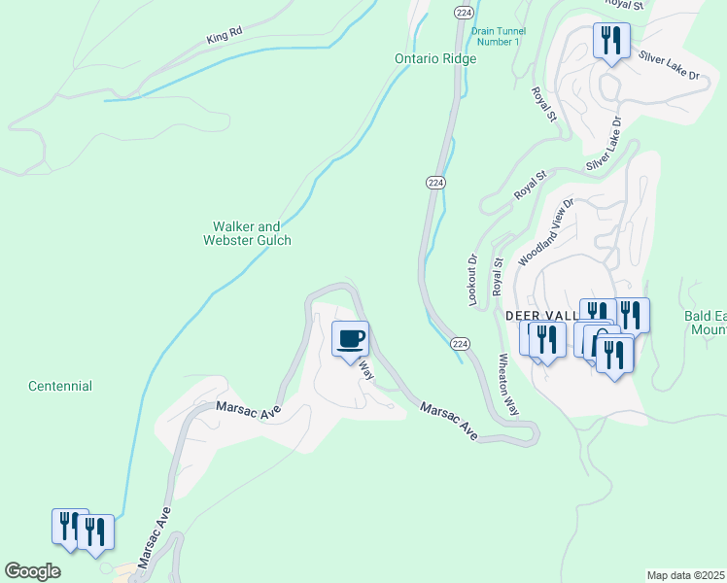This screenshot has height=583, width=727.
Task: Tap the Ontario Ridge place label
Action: pyautogui.click(x=435, y=59)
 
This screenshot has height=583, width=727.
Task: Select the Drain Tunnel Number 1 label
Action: pyautogui.click(x=496, y=36)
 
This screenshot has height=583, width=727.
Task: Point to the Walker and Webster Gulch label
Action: pyautogui.click(x=247, y=233)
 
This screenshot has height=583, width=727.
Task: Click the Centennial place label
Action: pyautogui.click(x=60, y=386)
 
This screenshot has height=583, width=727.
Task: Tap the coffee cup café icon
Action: pyautogui.click(x=351, y=339)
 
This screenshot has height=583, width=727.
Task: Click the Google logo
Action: pyautogui.click(x=33, y=571)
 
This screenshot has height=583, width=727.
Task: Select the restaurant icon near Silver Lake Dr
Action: pyautogui.click(x=611, y=41)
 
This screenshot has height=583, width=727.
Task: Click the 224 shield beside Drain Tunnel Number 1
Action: pyautogui.click(x=463, y=12)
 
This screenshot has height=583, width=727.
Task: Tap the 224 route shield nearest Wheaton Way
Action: pyautogui.click(x=461, y=344)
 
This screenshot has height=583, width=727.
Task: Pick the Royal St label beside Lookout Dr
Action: pyautogui.click(x=499, y=276)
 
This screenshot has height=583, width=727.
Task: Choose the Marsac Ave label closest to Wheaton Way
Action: pyautogui.click(x=449, y=421)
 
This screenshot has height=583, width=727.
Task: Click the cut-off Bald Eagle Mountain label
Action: pyautogui.click(x=705, y=324)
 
